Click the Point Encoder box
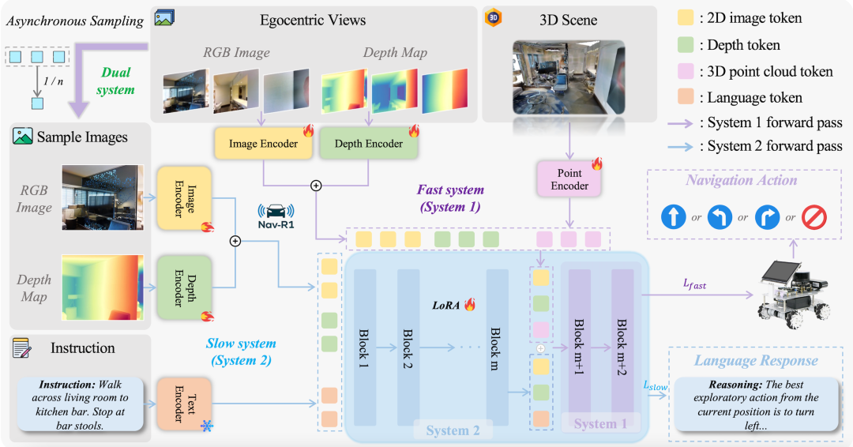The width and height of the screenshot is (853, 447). (x=569, y=178)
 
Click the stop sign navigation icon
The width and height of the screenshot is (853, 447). (x=814, y=218)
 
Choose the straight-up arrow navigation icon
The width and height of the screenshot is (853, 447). (x=673, y=218)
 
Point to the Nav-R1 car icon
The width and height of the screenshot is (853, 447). (x=276, y=211)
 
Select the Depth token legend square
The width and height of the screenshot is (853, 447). (x=686, y=45)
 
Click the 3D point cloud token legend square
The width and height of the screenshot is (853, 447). (x=686, y=72)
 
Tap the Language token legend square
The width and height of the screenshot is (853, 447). (x=686, y=98)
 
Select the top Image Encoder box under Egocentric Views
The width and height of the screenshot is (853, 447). (x=263, y=144)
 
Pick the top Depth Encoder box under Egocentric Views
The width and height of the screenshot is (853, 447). (x=368, y=144)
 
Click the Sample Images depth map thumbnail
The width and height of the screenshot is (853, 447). (x=103, y=287)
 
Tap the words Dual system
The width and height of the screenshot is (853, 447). (x=115, y=81)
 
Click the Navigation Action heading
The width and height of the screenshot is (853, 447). (x=741, y=180)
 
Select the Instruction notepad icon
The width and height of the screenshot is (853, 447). (x=22, y=348)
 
